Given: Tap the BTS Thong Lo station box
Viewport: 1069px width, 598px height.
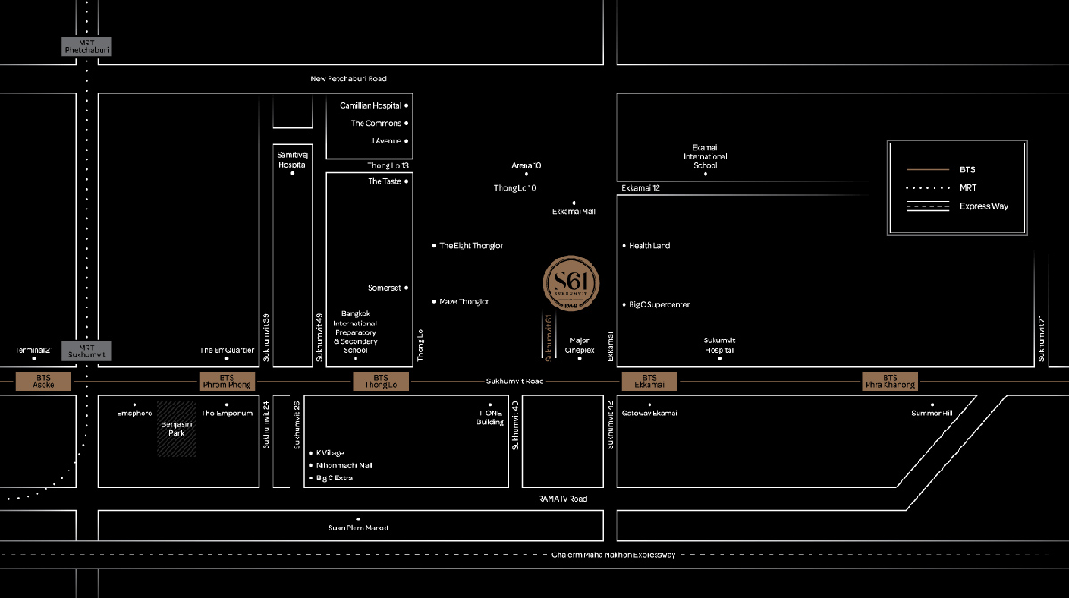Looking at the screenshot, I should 381,381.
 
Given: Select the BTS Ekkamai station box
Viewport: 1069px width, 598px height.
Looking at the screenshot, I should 649,381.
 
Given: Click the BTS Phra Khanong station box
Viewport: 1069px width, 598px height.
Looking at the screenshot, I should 889,381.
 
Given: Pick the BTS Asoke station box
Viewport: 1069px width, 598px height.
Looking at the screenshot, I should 44,381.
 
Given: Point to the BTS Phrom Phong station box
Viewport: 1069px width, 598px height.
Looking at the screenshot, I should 226,381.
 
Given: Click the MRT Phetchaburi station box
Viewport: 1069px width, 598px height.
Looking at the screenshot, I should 86,46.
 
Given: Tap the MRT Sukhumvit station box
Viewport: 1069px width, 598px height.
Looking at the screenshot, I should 86,351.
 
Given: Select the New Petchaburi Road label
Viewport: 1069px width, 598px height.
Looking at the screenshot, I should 348,78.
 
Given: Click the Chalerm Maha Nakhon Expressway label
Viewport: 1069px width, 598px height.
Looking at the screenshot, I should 615,554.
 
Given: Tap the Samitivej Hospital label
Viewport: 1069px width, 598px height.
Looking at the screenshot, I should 292,160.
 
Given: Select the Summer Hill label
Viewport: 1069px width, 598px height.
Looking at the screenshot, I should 932,413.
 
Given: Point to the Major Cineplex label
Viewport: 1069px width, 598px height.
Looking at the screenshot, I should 580,345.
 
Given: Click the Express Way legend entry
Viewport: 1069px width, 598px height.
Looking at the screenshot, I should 983,207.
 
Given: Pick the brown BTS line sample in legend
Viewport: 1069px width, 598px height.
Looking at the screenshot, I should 927,169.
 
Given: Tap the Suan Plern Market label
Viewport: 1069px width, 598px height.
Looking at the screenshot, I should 358,528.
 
